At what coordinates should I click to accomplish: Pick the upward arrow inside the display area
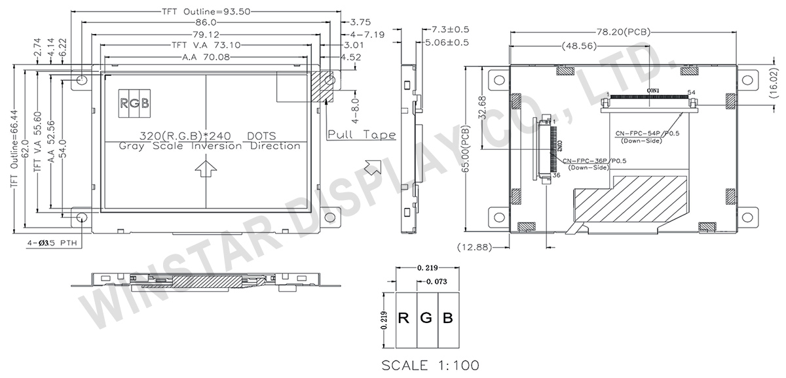pos(206,169)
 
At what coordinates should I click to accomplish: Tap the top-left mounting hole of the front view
pos(82,79)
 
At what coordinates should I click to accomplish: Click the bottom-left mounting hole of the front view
pos(82,217)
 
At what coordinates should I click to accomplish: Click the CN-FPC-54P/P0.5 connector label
pos(648,134)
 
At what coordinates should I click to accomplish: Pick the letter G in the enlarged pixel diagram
pos(426,319)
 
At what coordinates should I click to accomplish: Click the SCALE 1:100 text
pos(431,364)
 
